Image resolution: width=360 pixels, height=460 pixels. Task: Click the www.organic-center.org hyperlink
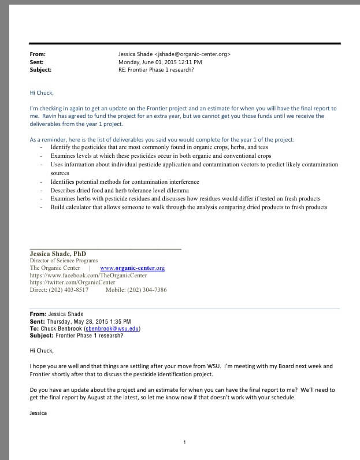pos(132,268)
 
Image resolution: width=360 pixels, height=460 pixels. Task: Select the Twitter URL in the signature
pos(68,283)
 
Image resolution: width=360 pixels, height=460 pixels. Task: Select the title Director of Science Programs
pos(64,261)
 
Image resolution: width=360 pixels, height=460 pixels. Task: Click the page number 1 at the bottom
pos(184,442)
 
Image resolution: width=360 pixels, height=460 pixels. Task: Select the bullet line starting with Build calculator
pos(188,207)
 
